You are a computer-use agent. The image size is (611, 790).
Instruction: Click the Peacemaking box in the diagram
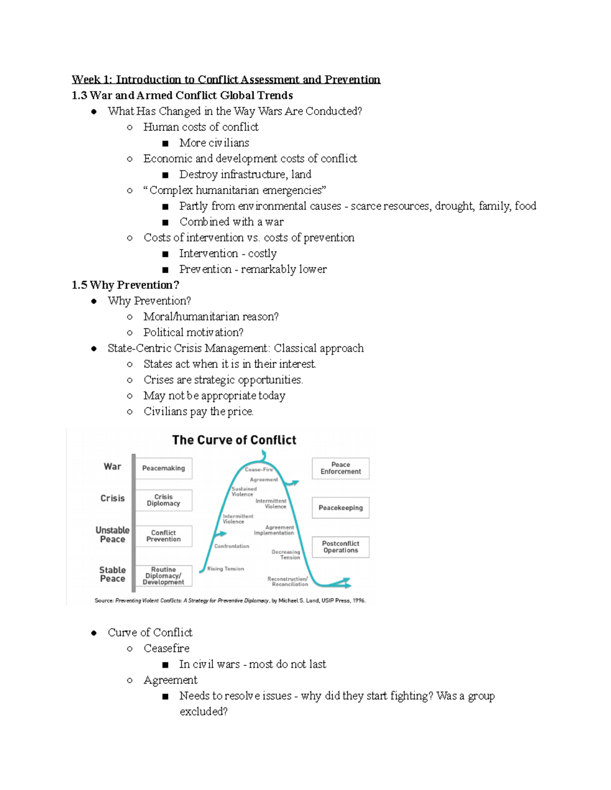(x=163, y=468)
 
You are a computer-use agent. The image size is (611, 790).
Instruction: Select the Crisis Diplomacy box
(x=163, y=500)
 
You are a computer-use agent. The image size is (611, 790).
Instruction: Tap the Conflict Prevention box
(x=163, y=536)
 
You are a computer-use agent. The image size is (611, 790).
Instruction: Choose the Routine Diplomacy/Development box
(x=163, y=576)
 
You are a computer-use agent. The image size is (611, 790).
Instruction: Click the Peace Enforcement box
(x=341, y=468)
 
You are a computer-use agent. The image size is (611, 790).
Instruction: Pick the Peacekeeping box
(x=341, y=508)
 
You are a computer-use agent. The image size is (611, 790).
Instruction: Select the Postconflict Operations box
(x=341, y=547)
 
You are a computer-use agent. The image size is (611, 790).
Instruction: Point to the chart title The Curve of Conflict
(x=234, y=440)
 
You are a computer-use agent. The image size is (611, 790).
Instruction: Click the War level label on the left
(x=113, y=466)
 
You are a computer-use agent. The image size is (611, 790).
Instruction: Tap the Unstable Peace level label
(x=113, y=535)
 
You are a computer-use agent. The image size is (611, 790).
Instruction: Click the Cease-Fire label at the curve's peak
(x=259, y=470)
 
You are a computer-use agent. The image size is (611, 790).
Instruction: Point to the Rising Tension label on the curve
(x=226, y=569)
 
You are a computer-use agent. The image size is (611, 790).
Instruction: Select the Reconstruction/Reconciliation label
(x=288, y=581)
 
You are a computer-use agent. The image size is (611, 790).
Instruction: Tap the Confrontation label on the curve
(x=232, y=546)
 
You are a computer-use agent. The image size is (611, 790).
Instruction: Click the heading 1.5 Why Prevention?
(x=125, y=285)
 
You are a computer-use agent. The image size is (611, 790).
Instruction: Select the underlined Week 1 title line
(x=226, y=79)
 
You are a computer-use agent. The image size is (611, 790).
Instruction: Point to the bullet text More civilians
(x=214, y=143)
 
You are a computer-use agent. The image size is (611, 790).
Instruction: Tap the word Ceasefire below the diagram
(x=166, y=649)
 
